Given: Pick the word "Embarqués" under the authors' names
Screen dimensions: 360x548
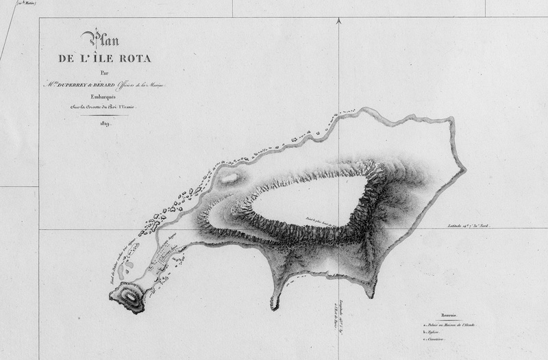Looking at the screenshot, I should click(x=104, y=97).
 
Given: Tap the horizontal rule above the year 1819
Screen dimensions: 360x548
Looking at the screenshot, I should click(x=104, y=115).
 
